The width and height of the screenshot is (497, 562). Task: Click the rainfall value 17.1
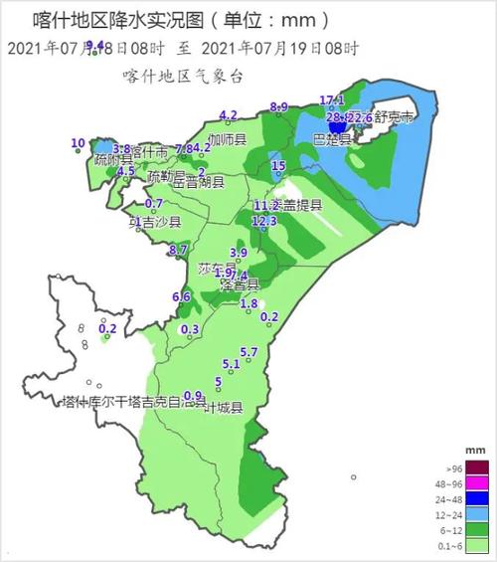pyautogui.click(x=332, y=100)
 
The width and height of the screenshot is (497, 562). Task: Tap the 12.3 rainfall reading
pyautogui.click(x=264, y=221)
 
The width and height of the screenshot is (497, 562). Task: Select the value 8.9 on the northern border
pyautogui.click(x=279, y=107)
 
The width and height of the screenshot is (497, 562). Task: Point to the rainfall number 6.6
pyautogui.click(x=181, y=296)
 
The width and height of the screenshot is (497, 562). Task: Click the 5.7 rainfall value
pyautogui.click(x=249, y=352)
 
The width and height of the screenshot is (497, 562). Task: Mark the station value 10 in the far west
pyautogui.click(x=78, y=144)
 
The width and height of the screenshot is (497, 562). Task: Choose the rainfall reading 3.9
pyautogui.click(x=239, y=253)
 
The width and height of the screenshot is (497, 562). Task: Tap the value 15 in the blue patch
pyautogui.click(x=278, y=165)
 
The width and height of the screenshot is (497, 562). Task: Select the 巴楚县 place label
pyautogui.click(x=332, y=139)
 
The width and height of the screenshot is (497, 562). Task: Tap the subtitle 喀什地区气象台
pyautogui.click(x=183, y=75)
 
